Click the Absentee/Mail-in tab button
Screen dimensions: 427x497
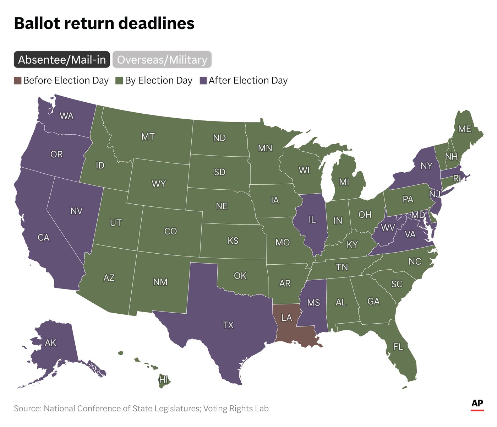click(x=62, y=60)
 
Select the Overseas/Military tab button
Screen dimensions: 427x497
click(x=162, y=60)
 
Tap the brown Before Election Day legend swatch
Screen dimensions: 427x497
click(x=17, y=81)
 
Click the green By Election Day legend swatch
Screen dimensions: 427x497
click(x=119, y=81)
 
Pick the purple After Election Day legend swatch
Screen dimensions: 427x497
click(x=203, y=81)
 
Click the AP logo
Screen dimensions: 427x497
click(x=477, y=404)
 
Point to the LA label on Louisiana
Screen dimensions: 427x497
click(x=286, y=318)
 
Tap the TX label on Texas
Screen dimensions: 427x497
click(x=228, y=325)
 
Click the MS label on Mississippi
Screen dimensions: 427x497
click(x=313, y=303)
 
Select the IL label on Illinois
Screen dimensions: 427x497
click(x=312, y=220)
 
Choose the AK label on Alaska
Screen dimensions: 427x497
click(x=50, y=343)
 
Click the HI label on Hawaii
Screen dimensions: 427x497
click(x=163, y=380)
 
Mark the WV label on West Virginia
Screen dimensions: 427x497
click(x=388, y=228)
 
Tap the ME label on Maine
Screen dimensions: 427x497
click(x=465, y=129)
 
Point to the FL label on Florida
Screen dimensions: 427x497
click(x=398, y=346)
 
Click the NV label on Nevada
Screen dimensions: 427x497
click(x=76, y=211)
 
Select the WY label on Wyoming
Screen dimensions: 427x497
click(x=159, y=184)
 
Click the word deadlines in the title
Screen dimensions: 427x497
click(x=156, y=23)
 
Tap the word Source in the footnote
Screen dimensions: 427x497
click(x=27, y=409)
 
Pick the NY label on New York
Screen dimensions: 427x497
click(x=426, y=166)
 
